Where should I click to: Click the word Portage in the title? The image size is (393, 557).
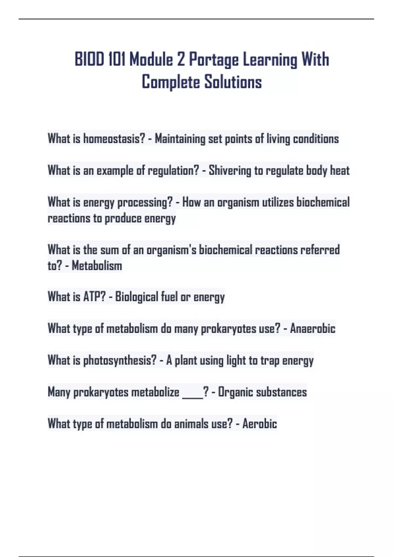click(x=214, y=60)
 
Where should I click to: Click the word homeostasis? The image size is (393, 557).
click(x=114, y=139)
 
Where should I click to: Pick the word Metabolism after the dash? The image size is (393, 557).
click(x=97, y=266)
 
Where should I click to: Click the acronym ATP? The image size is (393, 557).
click(x=94, y=297)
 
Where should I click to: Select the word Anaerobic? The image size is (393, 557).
click(x=312, y=328)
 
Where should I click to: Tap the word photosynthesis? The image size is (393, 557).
click(x=120, y=360)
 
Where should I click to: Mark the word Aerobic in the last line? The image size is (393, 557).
click(x=260, y=424)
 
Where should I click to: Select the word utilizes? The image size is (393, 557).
click(x=278, y=202)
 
